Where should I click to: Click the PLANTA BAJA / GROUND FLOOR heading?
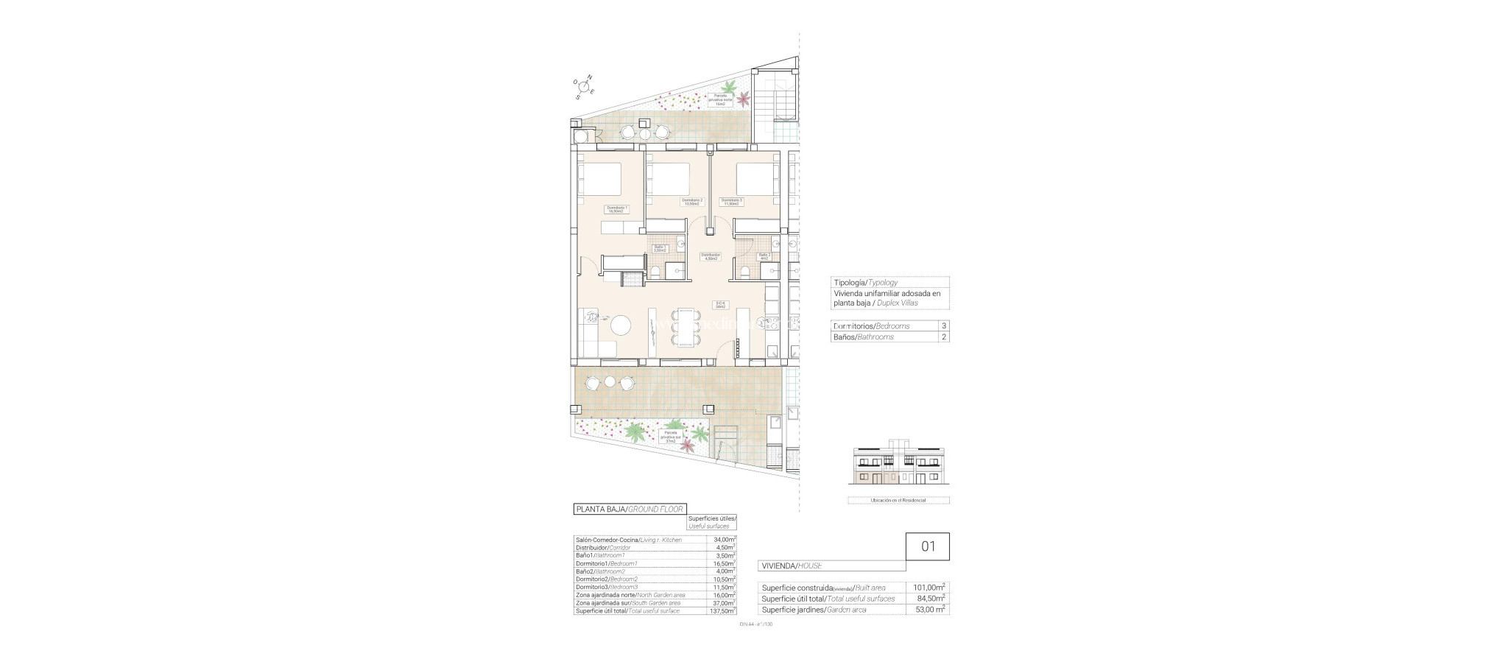coord(630,509)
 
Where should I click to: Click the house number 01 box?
coord(928,546)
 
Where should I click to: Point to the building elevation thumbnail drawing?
coord(899,467)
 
